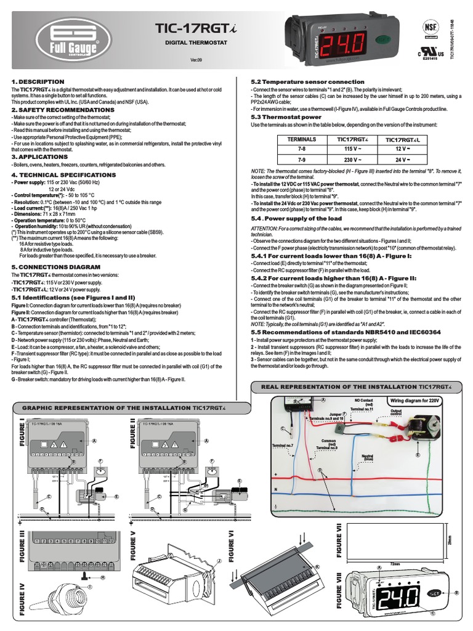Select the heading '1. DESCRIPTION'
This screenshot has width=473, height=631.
[x=38, y=81]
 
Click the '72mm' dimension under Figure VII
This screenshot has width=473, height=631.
[x=396, y=563]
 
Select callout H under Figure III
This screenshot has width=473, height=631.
[x=102, y=577]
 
